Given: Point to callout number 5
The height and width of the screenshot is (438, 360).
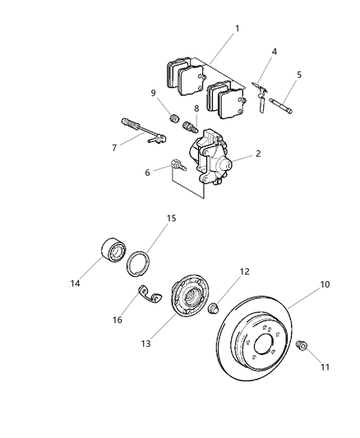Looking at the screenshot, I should click(298, 75).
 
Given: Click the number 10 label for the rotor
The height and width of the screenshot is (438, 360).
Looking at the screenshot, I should click(325, 285).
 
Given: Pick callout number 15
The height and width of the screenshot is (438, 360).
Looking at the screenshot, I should click(172, 219).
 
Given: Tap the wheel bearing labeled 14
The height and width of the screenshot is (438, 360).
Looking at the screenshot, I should click(110, 249).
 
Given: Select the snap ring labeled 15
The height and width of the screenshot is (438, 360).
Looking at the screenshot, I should click(140, 263).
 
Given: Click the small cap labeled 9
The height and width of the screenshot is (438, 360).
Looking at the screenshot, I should click(173, 120).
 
